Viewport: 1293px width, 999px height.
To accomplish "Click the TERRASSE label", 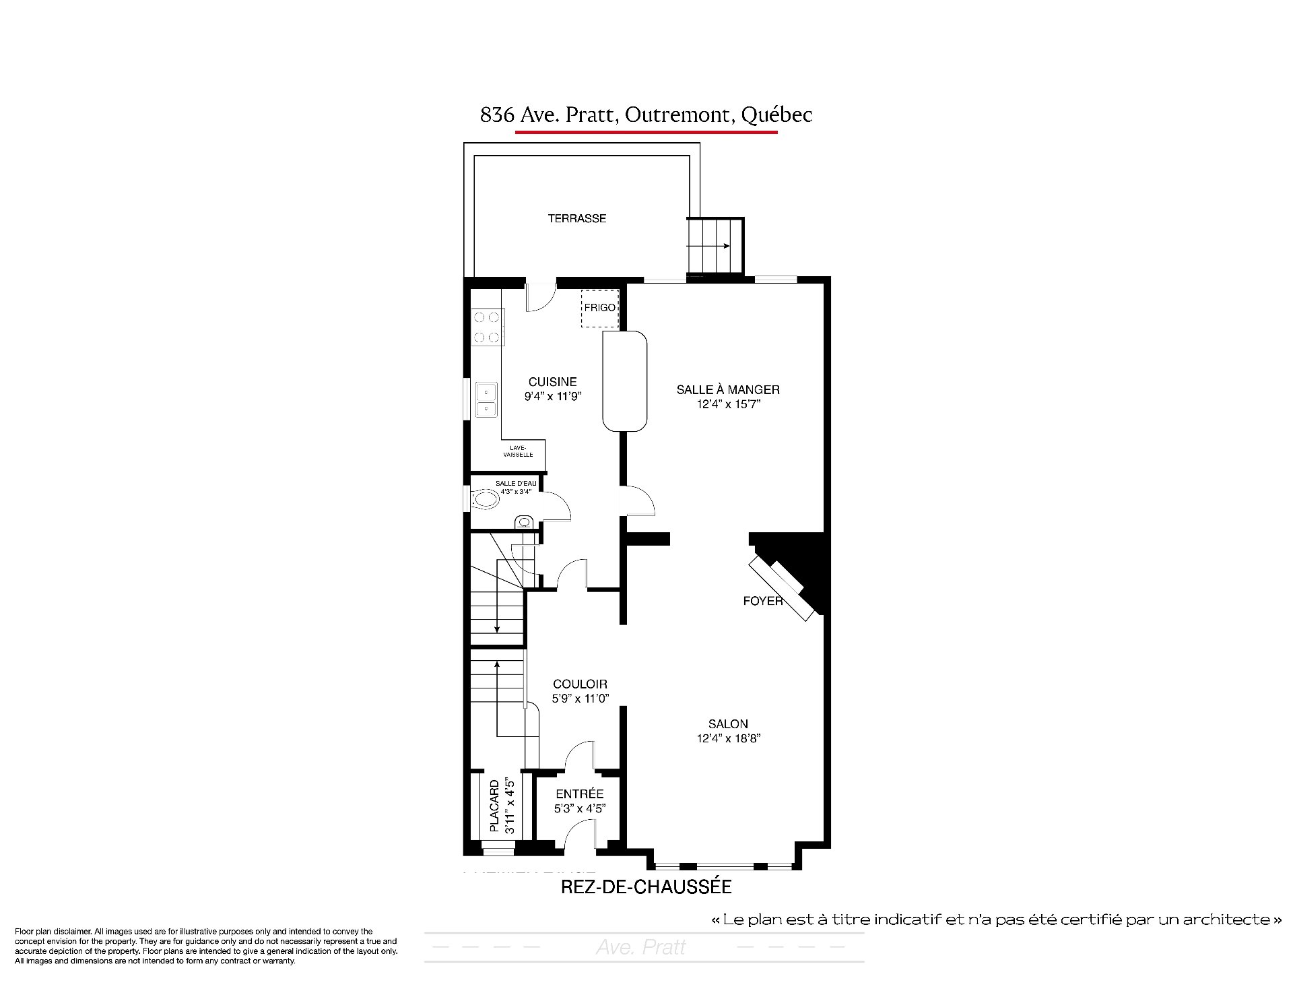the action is [x=576, y=218].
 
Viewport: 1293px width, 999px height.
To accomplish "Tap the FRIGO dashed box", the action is [x=599, y=309].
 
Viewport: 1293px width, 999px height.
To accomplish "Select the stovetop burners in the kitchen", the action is [x=487, y=327].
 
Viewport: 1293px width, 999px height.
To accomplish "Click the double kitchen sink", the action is [x=486, y=399].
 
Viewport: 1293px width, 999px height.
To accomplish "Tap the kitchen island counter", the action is [x=624, y=381].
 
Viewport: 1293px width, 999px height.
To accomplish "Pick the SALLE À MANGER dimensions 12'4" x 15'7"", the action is [x=728, y=404].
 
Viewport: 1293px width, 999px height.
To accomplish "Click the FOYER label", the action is [x=763, y=600].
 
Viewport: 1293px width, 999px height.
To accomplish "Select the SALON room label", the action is [x=728, y=723].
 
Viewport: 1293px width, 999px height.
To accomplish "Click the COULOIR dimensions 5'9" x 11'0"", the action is [x=581, y=699].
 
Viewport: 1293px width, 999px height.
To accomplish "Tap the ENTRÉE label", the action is [x=580, y=794].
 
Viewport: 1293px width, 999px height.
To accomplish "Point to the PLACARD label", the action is [x=495, y=806].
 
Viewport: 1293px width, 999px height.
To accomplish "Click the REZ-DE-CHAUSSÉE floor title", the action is [x=646, y=887].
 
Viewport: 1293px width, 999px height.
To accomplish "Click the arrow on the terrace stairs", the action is [x=708, y=246].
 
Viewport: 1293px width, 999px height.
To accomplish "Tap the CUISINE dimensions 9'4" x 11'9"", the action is [x=552, y=396].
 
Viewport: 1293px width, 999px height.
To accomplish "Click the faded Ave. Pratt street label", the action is [x=640, y=948].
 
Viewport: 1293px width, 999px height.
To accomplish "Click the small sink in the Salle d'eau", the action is [x=523, y=521].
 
